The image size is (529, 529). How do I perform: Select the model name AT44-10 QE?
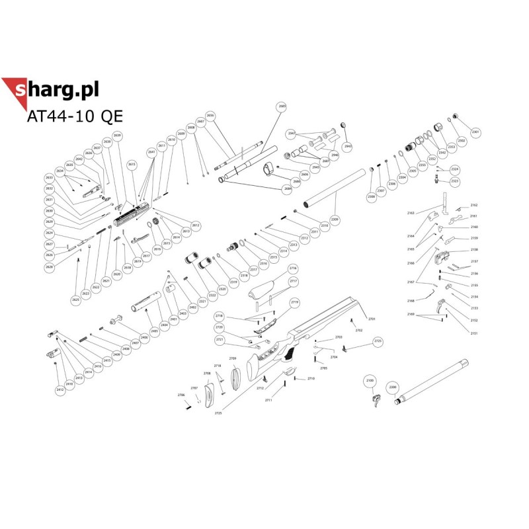point(75,116)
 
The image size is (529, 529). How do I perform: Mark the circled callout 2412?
point(60,391)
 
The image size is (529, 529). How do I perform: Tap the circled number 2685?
point(282,106)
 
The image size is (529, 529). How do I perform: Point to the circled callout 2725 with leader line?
point(218,413)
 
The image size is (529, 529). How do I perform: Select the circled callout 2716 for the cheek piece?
point(293,268)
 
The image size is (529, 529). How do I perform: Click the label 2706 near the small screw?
point(181,395)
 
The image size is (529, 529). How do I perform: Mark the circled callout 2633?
point(49,178)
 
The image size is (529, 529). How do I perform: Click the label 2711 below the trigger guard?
point(268,401)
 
